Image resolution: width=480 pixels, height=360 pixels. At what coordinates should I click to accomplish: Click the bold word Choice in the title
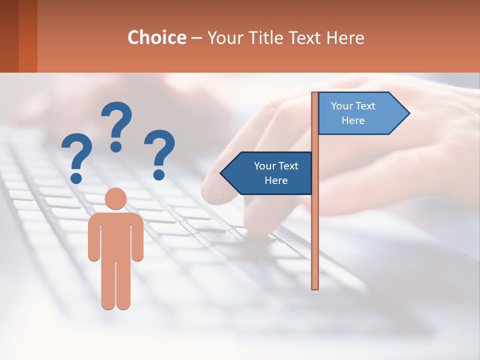tap(156, 37)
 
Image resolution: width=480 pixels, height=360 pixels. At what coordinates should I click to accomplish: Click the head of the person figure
tap(115, 198)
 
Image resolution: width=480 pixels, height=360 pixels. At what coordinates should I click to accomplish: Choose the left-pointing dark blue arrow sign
tap(267, 173)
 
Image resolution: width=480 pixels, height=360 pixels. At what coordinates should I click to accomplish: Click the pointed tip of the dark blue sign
tap(222, 173)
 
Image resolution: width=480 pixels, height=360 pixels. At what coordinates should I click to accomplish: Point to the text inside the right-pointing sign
tap(353, 113)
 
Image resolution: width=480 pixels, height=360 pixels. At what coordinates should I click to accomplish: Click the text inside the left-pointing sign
tap(276, 173)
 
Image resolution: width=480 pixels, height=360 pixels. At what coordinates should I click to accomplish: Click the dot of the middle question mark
tap(116, 146)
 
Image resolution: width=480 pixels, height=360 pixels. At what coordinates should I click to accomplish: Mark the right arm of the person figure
tap(137, 237)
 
